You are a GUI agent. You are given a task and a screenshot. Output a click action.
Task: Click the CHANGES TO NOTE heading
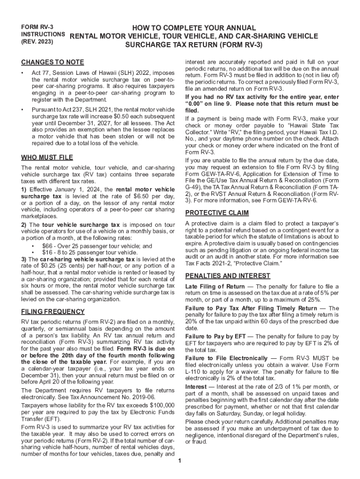52,63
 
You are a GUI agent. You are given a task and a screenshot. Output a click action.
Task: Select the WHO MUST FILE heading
47,157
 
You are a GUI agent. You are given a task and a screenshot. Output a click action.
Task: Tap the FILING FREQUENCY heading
53,312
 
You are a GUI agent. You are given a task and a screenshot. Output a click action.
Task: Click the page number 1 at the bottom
180,461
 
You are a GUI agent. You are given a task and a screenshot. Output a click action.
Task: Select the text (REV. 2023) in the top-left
37,42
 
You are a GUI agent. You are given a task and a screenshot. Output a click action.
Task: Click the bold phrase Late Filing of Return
215,286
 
